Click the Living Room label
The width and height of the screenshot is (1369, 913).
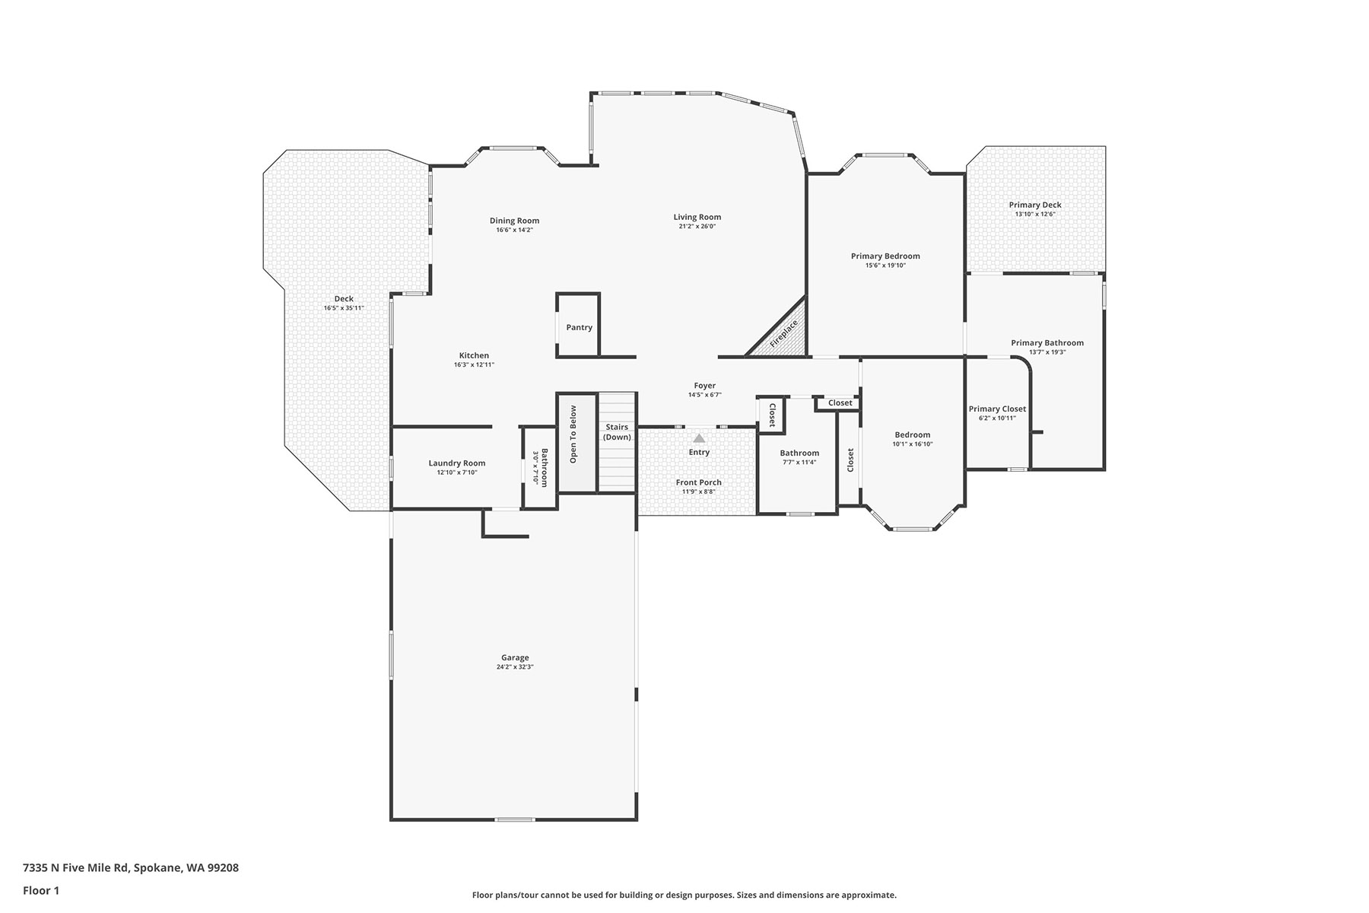pyautogui.click(x=697, y=217)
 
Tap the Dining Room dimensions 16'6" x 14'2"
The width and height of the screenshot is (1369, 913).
pyautogui.click(x=515, y=230)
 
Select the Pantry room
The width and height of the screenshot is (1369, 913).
pyautogui.click(x=578, y=325)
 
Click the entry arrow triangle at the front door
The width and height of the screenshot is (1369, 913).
pyautogui.click(x=699, y=437)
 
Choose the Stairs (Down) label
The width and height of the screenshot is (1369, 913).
pyautogui.click(x=617, y=432)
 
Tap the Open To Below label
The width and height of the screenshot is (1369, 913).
pyautogui.click(x=573, y=434)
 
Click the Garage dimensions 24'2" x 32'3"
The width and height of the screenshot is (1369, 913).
pyautogui.click(x=515, y=667)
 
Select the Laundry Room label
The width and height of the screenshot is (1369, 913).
pyautogui.click(x=456, y=463)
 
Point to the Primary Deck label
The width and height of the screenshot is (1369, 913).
pyautogui.click(x=1035, y=205)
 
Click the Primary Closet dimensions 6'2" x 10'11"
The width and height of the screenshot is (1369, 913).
pyautogui.click(x=997, y=418)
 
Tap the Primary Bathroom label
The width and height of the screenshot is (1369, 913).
pyautogui.click(x=1047, y=342)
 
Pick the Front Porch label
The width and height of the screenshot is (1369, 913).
pyautogui.click(x=699, y=482)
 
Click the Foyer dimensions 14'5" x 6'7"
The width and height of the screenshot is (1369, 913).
pyautogui.click(x=705, y=395)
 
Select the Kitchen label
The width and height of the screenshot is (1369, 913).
pyautogui.click(x=474, y=355)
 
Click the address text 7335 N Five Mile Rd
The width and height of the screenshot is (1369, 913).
pyautogui.click(x=76, y=867)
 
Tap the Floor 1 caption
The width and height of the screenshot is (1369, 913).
pyautogui.click(x=41, y=890)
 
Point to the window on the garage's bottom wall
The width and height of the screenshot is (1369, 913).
pyautogui.click(x=514, y=819)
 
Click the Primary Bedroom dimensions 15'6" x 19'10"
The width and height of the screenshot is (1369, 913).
pyautogui.click(x=885, y=266)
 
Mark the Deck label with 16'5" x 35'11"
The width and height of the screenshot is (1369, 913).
pyautogui.click(x=344, y=303)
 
